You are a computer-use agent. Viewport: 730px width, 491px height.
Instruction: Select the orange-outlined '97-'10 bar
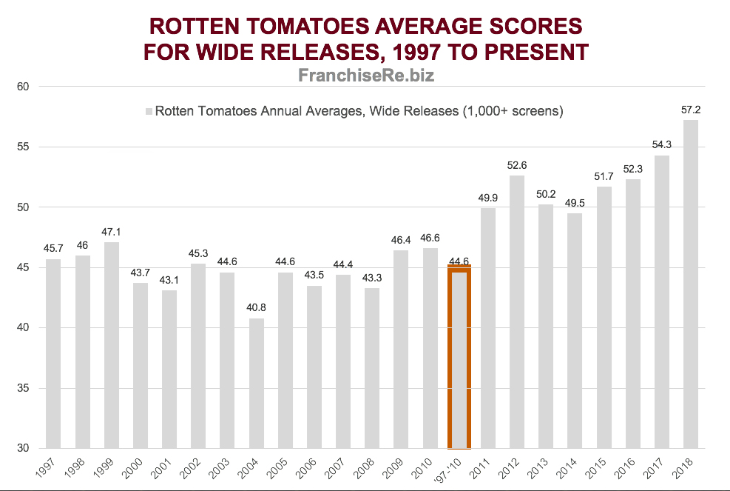459,359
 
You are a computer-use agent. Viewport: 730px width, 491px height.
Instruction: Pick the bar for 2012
517,311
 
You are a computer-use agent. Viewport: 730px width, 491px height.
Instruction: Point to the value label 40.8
257,308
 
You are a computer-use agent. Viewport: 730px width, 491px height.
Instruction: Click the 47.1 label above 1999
112,232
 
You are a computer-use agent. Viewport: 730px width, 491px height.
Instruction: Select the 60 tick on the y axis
23,87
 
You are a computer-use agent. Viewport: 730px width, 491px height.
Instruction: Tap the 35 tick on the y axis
23,389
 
